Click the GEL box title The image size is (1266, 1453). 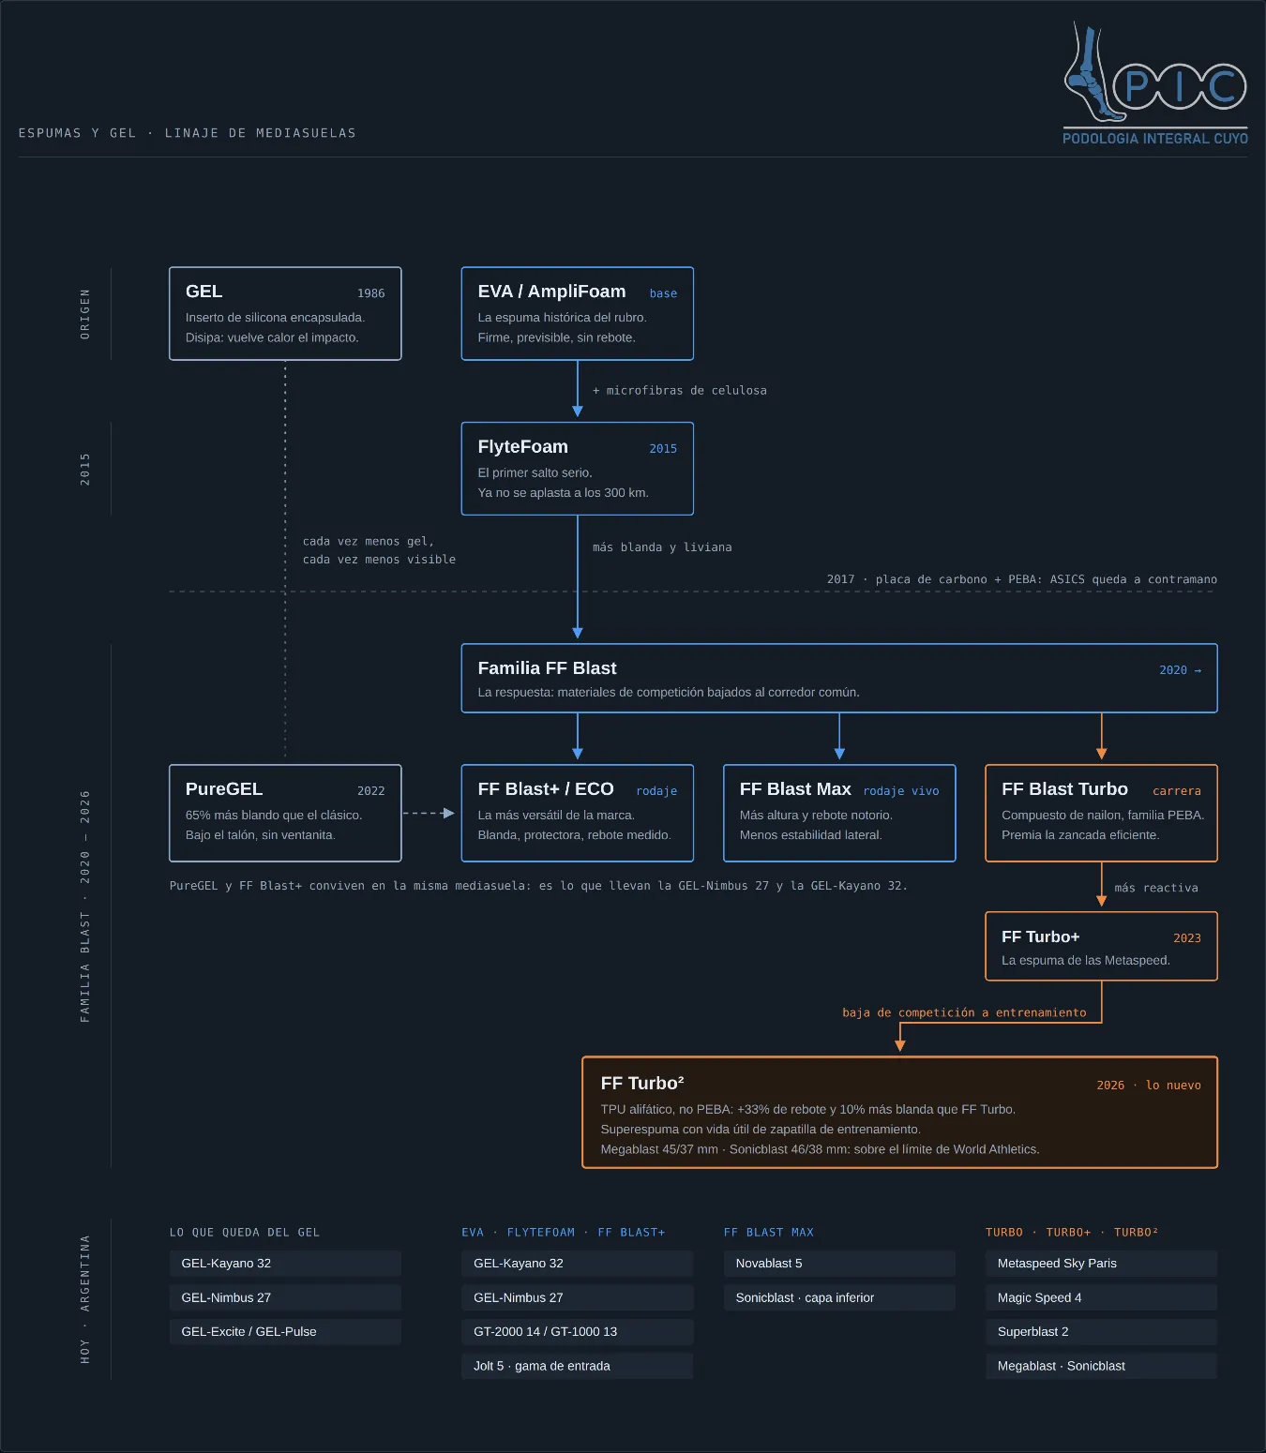click(x=203, y=292)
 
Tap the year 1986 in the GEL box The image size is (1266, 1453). click(x=370, y=293)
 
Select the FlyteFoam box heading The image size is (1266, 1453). click(x=523, y=447)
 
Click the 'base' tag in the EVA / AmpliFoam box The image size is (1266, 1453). click(x=663, y=293)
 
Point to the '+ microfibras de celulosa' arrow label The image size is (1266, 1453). click(x=680, y=391)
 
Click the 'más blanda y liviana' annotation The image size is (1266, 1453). click(x=662, y=547)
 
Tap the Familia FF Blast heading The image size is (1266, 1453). click(x=547, y=668)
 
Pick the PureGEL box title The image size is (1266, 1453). click(x=224, y=789)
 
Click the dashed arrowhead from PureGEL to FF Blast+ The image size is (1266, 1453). click(x=449, y=813)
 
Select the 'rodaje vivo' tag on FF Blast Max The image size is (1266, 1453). click(x=901, y=791)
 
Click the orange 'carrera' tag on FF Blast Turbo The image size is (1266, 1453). click(x=1177, y=791)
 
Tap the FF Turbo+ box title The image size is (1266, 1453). click(x=1041, y=936)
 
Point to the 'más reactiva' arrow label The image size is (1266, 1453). click(x=1156, y=888)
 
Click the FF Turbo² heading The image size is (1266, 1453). click(x=642, y=1083)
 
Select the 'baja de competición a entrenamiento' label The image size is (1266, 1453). click(x=964, y=1012)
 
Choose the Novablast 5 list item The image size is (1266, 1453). click(x=769, y=1264)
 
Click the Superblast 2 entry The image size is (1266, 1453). click(x=1033, y=1331)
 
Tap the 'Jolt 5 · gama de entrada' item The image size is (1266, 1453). click(x=541, y=1366)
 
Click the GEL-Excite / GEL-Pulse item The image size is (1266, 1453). click(x=249, y=1331)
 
